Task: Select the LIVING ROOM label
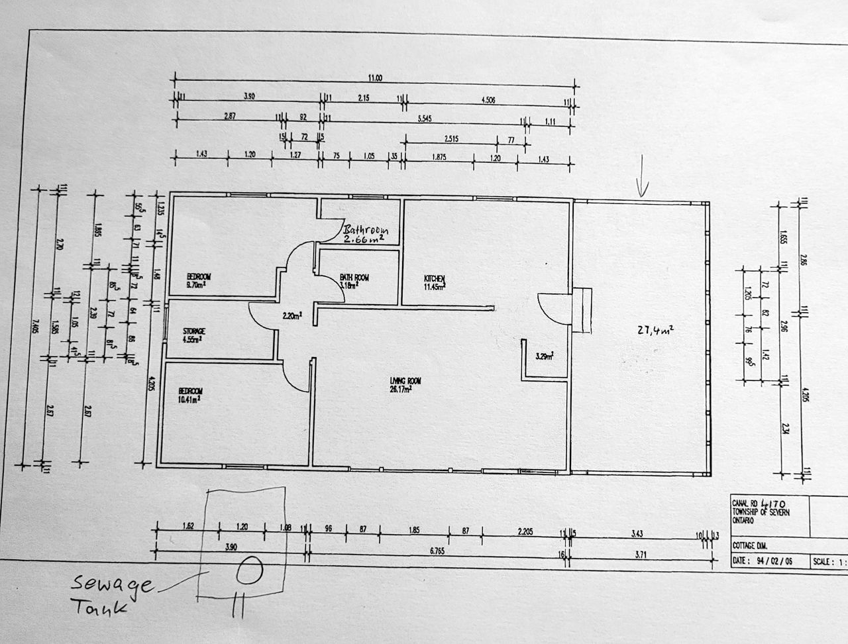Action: (x=405, y=381)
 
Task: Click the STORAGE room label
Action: (x=194, y=331)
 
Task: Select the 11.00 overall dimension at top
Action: (x=375, y=78)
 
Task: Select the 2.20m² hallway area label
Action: (x=292, y=316)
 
